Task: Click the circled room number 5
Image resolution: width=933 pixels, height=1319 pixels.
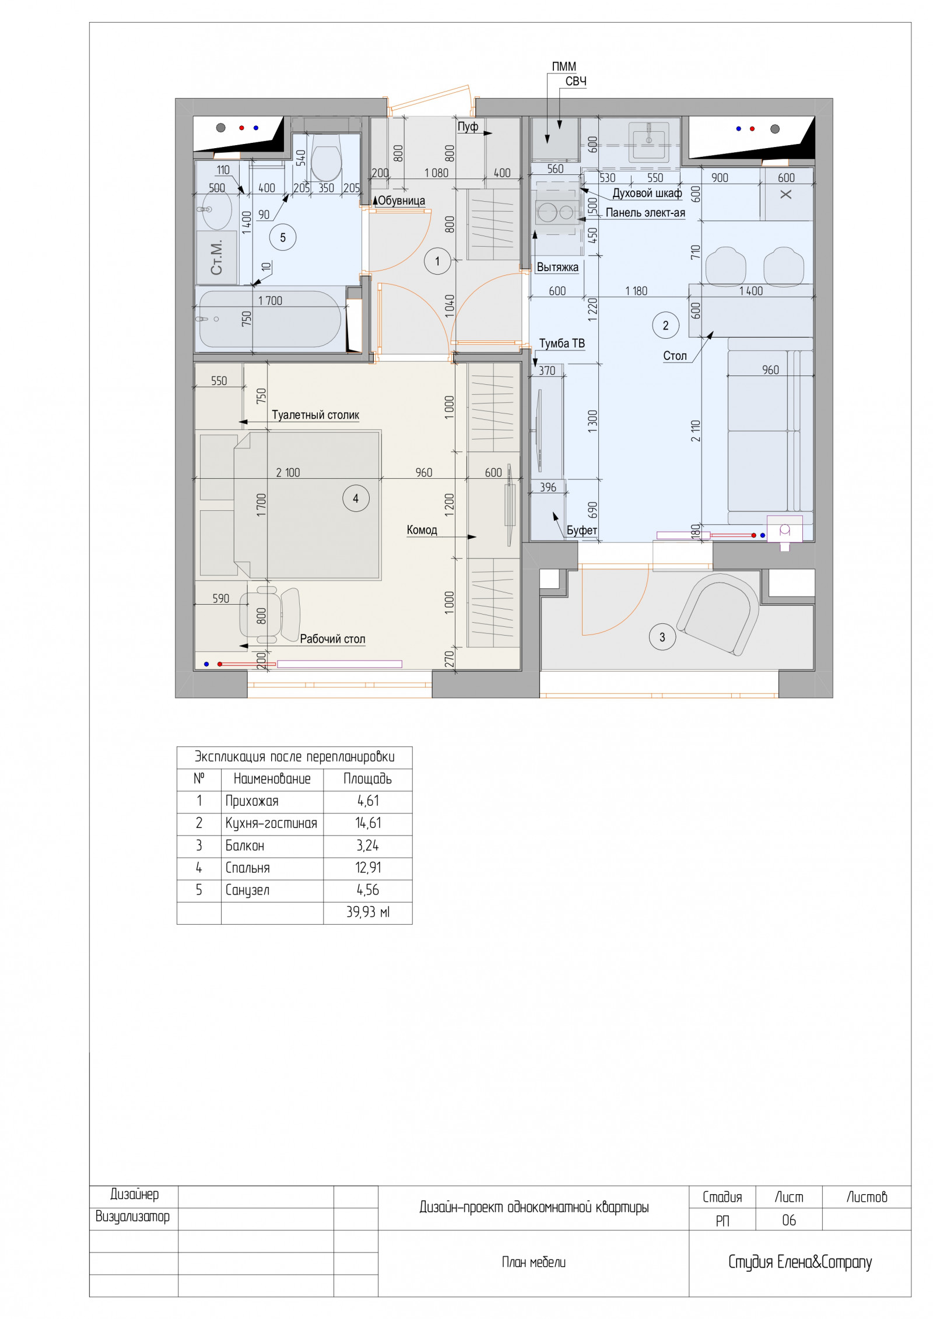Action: click(x=283, y=237)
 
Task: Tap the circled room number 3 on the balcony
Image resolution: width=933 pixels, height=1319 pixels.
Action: click(x=662, y=637)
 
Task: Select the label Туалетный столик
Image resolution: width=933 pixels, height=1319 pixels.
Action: click(x=315, y=415)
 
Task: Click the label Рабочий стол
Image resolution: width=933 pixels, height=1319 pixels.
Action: click(x=332, y=639)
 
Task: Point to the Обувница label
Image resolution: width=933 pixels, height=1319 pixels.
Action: click(x=401, y=201)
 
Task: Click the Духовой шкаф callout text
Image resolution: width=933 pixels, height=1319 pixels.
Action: click(x=647, y=193)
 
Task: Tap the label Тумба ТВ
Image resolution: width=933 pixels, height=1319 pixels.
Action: click(x=562, y=343)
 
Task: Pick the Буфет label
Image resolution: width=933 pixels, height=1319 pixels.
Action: click(x=582, y=530)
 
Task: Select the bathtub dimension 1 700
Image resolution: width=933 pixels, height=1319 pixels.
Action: click(x=270, y=301)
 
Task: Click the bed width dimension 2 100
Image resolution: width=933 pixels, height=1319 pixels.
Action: click(x=288, y=473)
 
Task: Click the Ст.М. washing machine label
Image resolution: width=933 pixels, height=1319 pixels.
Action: click(x=216, y=257)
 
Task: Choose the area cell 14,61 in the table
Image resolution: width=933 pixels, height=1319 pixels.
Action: click(x=368, y=823)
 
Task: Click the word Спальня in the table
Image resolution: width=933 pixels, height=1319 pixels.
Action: click(x=248, y=868)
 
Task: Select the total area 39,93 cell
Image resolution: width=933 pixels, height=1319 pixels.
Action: click(x=368, y=913)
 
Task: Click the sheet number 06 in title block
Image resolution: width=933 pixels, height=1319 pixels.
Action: click(x=789, y=1220)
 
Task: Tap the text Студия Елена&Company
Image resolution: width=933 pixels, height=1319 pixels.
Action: click(x=800, y=1262)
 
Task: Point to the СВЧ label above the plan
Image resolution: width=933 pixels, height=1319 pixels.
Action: click(x=576, y=82)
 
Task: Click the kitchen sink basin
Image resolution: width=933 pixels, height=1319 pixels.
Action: click(x=648, y=142)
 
